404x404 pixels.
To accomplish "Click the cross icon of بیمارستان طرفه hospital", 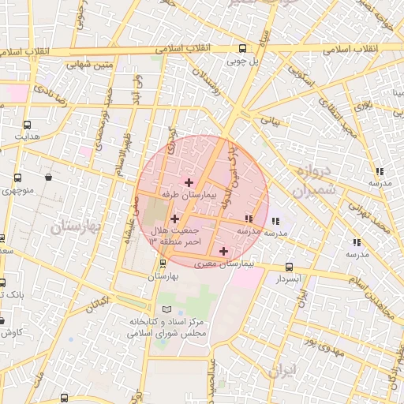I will point(188,182).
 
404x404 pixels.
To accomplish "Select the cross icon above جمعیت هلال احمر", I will point(174,219).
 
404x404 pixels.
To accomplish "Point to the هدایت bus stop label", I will point(28,136).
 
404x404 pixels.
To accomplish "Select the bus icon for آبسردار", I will point(289,267).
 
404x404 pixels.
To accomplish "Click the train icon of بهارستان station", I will point(163,264).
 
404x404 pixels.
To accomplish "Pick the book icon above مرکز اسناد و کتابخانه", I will point(165,309).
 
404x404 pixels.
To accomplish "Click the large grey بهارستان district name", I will point(77,227).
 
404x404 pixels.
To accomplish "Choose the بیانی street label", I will point(271,123).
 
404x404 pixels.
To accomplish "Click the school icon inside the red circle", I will point(249,219).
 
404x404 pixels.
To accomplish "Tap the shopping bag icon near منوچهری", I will point(49,178).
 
